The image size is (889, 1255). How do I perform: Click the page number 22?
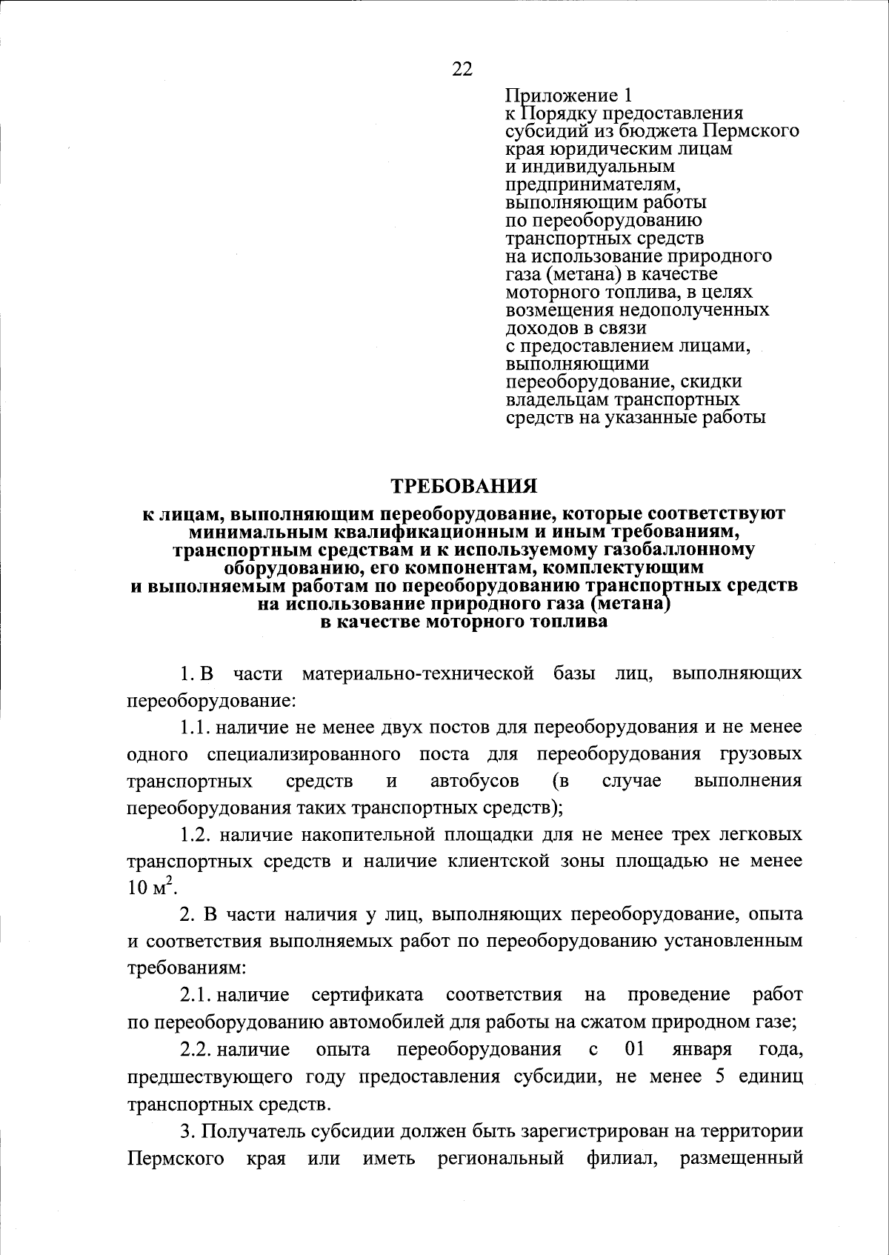461,69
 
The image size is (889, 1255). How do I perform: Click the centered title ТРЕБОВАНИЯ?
464,487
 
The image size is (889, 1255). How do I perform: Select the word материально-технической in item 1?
419,673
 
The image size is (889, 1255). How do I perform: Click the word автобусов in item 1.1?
474,781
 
